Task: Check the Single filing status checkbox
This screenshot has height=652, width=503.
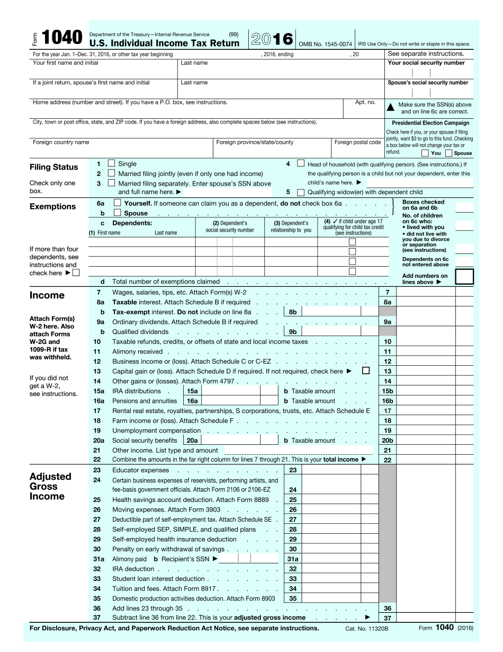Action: tap(111, 164)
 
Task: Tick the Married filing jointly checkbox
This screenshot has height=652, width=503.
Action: tap(111, 173)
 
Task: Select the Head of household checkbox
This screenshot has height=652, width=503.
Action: tap(301, 164)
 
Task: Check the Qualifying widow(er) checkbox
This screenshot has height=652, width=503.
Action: tap(301, 192)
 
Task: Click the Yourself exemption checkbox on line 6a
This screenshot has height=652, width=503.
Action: tap(117, 203)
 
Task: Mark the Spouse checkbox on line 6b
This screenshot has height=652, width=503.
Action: tap(117, 213)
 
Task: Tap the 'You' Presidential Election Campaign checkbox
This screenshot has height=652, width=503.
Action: tap(425, 153)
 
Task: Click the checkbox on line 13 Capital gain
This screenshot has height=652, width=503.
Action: tap(365, 371)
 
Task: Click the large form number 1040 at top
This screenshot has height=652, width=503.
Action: tap(62, 38)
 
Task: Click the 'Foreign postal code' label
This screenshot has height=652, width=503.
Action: tap(357, 142)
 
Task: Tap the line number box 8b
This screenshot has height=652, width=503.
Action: tap(293, 312)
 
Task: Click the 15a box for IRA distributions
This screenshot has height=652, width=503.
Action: tap(192, 391)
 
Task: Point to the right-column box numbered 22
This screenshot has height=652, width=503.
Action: tap(388, 460)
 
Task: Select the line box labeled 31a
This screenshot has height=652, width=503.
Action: tap(292, 559)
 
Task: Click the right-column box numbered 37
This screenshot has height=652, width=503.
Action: tap(388, 618)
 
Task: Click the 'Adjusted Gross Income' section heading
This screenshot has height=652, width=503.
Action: tap(50, 486)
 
